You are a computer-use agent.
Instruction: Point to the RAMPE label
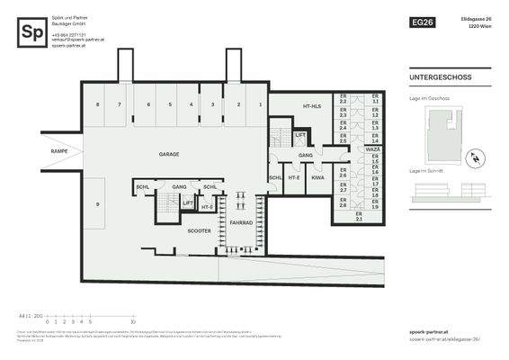click(60, 150)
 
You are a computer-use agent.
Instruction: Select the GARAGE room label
click(169, 154)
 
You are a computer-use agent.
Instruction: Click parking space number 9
click(97, 204)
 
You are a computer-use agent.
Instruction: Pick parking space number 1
click(261, 105)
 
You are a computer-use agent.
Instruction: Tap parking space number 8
click(97, 105)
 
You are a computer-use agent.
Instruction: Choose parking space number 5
click(170, 105)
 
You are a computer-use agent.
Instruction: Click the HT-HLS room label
click(311, 105)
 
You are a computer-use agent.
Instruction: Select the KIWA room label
click(317, 177)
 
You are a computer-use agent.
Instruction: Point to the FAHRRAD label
click(240, 221)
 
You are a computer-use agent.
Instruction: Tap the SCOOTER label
click(199, 230)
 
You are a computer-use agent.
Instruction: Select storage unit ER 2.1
click(359, 218)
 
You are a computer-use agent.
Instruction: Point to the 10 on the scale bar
click(133, 320)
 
